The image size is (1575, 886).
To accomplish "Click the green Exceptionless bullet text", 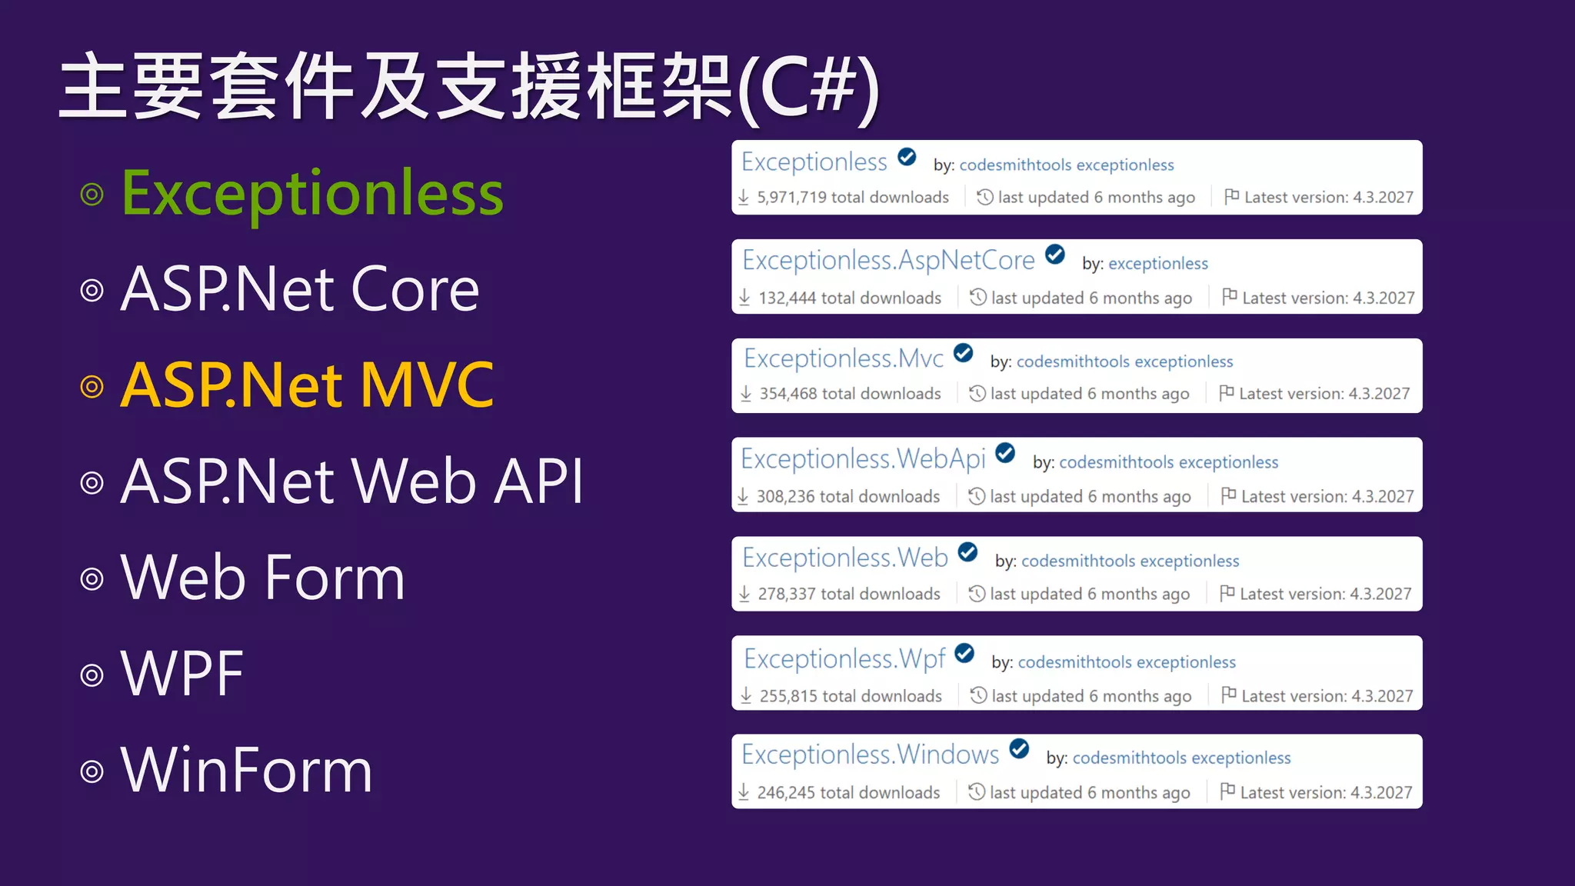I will click(312, 194).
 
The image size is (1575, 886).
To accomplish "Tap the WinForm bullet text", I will click(247, 770).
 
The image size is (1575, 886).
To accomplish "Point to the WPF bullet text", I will click(182, 674).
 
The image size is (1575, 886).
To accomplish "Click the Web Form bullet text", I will click(263, 578).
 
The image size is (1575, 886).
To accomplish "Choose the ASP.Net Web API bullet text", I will click(352, 481).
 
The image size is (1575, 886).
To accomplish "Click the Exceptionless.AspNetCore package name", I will click(888, 261).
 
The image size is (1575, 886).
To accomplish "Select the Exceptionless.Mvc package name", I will click(844, 358).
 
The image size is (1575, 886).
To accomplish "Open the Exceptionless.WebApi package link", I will click(863, 459).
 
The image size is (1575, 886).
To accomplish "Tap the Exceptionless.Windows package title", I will click(870, 754).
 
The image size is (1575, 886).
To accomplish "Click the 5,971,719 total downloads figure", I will click(852, 198).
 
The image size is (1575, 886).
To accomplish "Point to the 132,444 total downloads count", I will click(849, 298).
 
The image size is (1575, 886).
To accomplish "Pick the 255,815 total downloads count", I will click(850, 696).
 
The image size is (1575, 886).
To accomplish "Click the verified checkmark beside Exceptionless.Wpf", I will click(964, 654).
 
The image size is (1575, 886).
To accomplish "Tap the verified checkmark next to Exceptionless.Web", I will click(967, 552).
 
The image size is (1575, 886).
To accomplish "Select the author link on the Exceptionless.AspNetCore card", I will click(1157, 264).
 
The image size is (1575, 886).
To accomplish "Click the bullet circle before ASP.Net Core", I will click(92, 291).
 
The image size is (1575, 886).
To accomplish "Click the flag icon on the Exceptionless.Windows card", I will click(1227, 790).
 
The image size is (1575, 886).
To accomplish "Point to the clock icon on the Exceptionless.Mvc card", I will click(977, 393).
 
